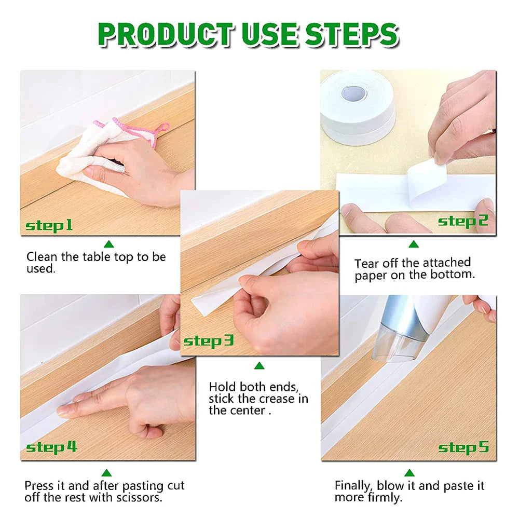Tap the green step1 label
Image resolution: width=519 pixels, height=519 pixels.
[49, 226]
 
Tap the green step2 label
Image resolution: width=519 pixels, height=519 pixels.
[463, 222]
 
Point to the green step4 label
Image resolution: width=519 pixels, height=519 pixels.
[51, 447]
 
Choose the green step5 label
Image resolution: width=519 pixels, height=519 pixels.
[463, 447]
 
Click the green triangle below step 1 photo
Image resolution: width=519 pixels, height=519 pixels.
[108, 244]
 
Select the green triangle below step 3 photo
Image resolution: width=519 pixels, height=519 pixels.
[259, 366]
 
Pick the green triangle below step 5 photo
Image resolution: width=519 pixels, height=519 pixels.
[409, 473]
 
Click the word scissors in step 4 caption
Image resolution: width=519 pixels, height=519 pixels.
[141, 498]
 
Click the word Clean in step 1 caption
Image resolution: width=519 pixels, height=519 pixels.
[41, 256]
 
